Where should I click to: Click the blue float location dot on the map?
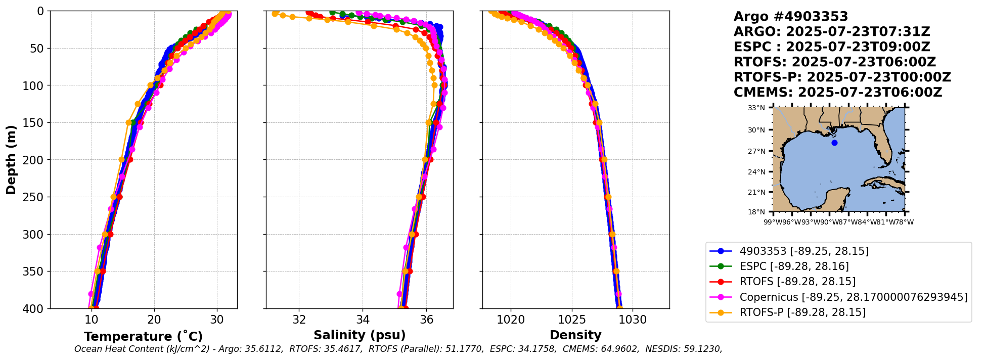[x=834, y=143]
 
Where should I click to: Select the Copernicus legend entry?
[x=853, y=297]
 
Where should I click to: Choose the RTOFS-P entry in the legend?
[x=802, y=312]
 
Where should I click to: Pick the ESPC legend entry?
[x=794, y=266]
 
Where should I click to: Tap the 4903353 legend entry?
[x=804, y=251]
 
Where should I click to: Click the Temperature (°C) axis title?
[x=143, y=336]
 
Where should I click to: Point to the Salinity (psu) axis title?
[x=360, y=335]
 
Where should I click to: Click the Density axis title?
[x=575, y=335]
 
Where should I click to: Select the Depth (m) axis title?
[x=11, y=159]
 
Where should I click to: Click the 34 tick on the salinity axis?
[x=363, y=320]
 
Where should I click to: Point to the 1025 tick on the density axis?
[x=572, y=320]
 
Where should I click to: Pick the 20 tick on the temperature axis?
[x=154, y=320]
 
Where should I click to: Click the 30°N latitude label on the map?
[x=756, y=130]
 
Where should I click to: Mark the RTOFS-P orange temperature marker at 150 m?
[x=129, y=122]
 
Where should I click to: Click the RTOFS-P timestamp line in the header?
[x=842, y=77]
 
